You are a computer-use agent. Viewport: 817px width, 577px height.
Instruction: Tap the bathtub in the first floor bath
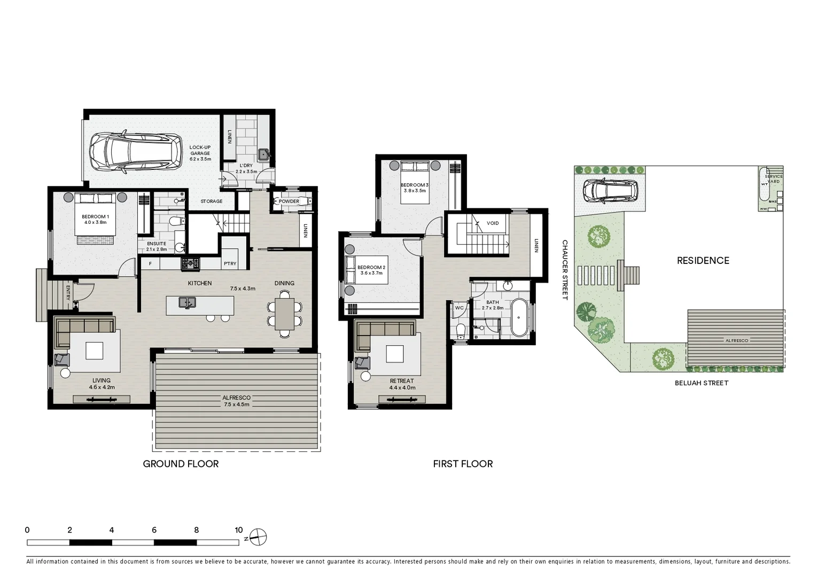point(519,317)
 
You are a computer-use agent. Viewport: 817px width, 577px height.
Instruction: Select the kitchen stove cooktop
point(190,263)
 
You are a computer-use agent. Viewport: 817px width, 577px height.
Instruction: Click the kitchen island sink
point(187,302)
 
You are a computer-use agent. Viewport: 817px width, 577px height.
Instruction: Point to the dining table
point(284,314)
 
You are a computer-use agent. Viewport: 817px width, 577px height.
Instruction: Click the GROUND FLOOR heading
point(181,464)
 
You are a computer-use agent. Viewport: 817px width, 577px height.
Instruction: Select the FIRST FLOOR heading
point(463,464)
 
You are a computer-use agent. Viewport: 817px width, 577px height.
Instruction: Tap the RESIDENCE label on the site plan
point(703,261)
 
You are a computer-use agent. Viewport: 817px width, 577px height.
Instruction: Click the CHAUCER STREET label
point(564,270)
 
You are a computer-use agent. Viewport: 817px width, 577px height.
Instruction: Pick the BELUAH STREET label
point(701,383)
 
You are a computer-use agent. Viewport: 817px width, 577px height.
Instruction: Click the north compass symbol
point(258,537)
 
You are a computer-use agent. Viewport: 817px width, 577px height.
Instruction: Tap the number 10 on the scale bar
point(238,530)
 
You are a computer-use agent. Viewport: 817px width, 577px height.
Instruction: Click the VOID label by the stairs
point(493,223)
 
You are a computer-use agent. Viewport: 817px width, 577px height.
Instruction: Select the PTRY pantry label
point(230,263)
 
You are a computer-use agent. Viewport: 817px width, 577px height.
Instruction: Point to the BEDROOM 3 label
point(415,185)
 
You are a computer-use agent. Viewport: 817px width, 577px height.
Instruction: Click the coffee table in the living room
point(95,350)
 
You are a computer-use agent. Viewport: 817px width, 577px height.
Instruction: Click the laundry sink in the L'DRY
point(263,155)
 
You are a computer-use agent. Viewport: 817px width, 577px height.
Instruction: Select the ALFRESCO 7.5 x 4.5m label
point(236,401)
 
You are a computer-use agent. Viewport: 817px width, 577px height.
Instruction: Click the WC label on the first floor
point(459,308)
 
